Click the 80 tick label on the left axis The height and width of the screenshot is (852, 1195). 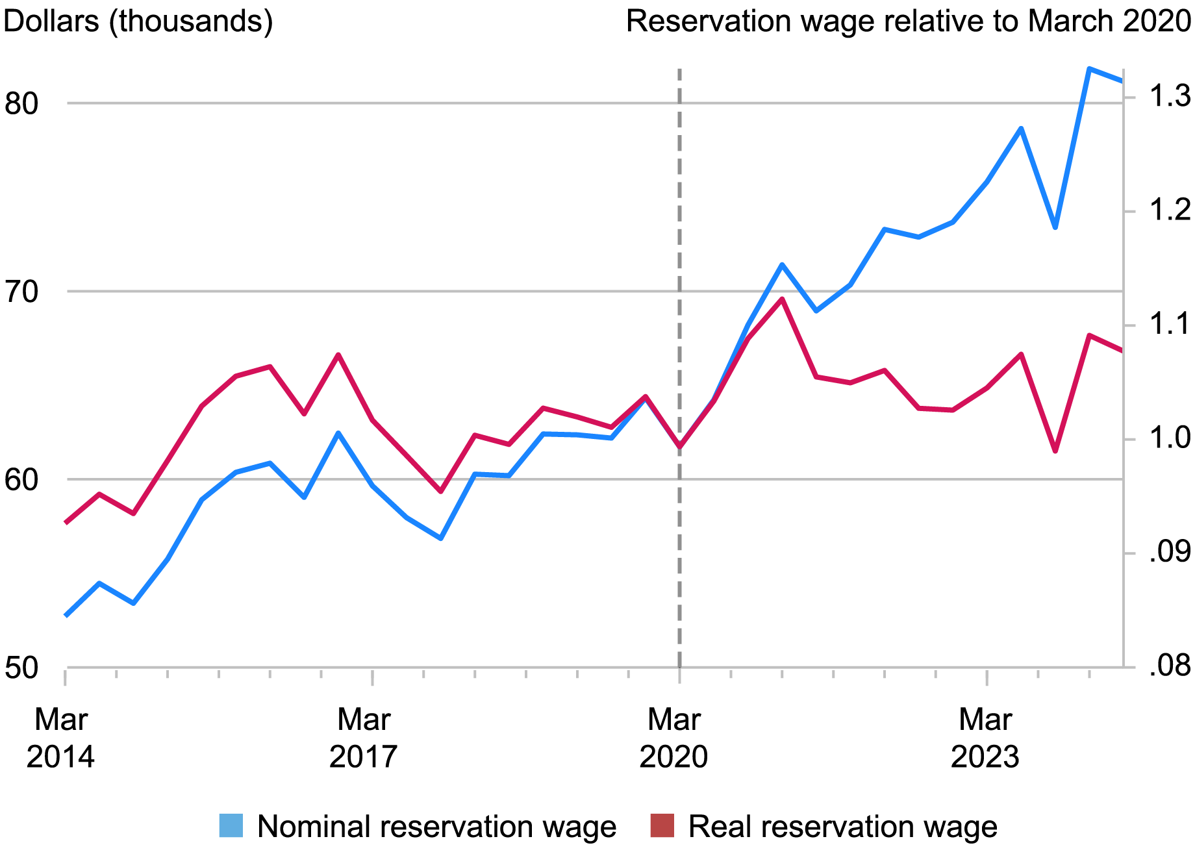(22, 103)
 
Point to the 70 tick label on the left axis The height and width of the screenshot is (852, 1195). (22, 292)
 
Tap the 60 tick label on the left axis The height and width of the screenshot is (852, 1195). (22, 480)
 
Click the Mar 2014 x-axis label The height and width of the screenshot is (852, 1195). (60, 738)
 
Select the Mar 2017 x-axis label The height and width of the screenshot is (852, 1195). (364, 738)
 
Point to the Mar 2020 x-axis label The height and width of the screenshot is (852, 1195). (674, 738)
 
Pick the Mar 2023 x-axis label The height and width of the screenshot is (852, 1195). (985, 738)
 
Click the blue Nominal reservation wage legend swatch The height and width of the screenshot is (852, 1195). (231, 826)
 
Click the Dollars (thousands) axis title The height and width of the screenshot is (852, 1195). (138, 21)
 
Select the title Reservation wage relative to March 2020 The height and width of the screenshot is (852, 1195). (907, 21)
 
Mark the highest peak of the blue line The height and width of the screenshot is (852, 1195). (1089, 68)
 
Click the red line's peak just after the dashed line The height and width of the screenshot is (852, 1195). (783, 299)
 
